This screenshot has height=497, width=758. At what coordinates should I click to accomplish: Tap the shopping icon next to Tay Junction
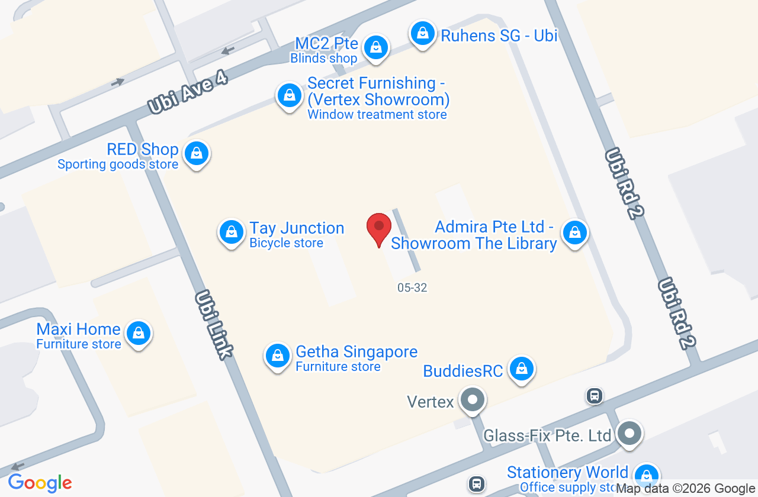coord(232,232)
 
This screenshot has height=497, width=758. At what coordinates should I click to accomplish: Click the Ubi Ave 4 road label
coord(188,93)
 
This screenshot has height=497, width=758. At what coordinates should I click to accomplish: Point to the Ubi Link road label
coord(213,324)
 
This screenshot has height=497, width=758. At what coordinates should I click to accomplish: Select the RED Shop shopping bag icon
coord(197,154)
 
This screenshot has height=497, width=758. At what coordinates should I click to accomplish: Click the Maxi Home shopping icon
coord(139,333)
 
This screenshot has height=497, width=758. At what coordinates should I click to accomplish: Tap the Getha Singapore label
coord(356,352)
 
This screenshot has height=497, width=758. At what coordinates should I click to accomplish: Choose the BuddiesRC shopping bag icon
coord(522,369)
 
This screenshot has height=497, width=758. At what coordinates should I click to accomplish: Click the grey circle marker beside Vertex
coord(473,401)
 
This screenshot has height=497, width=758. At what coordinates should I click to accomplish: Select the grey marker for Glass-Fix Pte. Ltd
coord(629,434)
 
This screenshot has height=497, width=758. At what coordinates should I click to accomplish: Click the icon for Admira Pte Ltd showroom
coord(574,233)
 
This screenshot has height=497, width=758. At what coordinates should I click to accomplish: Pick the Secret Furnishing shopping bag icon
coord(290,95)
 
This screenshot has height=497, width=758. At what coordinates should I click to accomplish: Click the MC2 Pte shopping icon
coord(375,47)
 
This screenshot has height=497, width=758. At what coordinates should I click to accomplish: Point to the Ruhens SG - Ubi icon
coord(423,33)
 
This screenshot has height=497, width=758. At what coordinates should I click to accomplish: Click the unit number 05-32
coord(412,288)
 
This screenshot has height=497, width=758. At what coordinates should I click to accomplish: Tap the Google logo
coord(40,483)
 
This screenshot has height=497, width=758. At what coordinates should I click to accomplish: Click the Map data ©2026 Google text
coord(686,489)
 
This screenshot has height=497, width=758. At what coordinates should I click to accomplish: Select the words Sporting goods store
coord(118,164)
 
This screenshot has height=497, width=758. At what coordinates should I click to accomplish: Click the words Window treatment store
coord(377,115)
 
